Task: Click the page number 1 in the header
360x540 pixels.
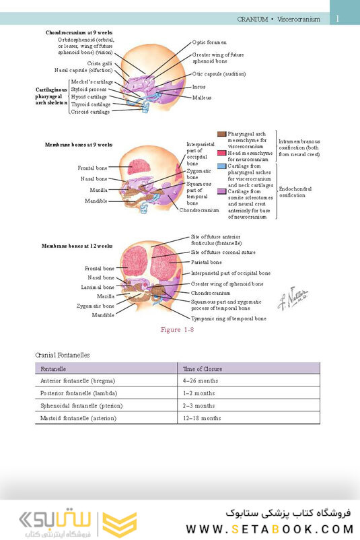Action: pyautogui.click(x=337, y=19)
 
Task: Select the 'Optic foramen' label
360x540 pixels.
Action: pyautogui.click(x=208, y=42)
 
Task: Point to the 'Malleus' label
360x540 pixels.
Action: pyautogui.click(x=201, y=97)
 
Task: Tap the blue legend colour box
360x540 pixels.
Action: pyautogui.click(x=222, y=166)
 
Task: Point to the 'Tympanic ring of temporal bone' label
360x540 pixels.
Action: pyautogui.click(x=228, y=318)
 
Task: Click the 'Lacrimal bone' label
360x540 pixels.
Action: pyautogui.click(x=94, y=287)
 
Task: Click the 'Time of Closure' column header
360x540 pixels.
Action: pyautogui.click(x=203, y=369)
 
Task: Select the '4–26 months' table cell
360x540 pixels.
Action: pyautogui.click(x=199, y=381)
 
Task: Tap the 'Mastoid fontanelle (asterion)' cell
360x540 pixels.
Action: pyautogui.click(x=79, y=418)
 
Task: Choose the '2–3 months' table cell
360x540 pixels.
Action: pyautogui.click(x=199, y=406)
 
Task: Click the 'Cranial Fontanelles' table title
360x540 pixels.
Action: pyautogui.click(x=63, y=354)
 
